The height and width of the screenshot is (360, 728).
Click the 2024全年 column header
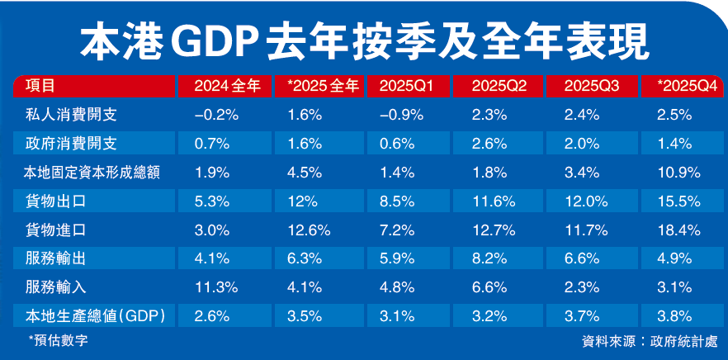[227, 86]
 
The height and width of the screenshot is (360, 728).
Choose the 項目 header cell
[40, 86]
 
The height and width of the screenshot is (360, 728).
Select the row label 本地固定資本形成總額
[91, 173]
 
